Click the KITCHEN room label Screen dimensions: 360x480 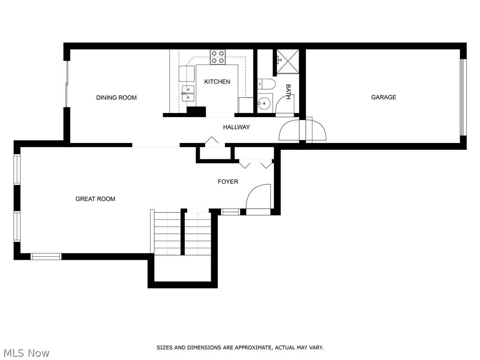[x=217, y=82]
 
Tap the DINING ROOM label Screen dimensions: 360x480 [x=116, y=97]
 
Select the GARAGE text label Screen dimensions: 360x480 [x=383, y=97]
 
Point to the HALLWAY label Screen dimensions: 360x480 [x=236, y=127]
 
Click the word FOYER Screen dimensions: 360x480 [x=228, y=181]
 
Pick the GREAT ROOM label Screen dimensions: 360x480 [x=95, y=199]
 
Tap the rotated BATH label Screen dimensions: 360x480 [x=288, y=91]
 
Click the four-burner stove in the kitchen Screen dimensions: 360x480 [x=217, y=57]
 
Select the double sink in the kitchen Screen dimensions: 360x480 [x=188, y=93]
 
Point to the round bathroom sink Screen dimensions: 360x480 [x=264, y=102]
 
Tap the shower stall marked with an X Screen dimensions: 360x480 [x=287, y=61]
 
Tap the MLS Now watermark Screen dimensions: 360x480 [x=26, y=352]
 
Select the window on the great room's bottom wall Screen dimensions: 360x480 [x=46, y=256]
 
